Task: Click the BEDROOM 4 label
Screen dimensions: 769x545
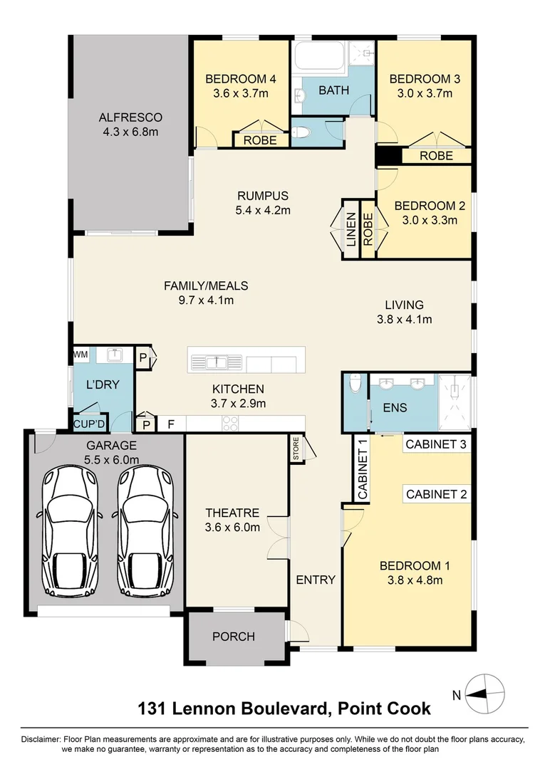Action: [235, 79]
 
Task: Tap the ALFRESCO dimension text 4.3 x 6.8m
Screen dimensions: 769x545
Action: [130, 132]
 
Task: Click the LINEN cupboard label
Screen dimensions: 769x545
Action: [351, 229]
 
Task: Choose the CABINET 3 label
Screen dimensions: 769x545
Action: [435, 444]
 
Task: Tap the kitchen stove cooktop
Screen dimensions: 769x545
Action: [230, 423]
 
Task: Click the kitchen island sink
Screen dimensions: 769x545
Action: [216, 362]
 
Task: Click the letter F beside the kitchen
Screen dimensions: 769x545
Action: [171, 424]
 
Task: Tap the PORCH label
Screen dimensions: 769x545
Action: [234, 636]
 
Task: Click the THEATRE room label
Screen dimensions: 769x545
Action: [232, 513]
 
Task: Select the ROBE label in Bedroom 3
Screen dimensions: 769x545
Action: [436, 155]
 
